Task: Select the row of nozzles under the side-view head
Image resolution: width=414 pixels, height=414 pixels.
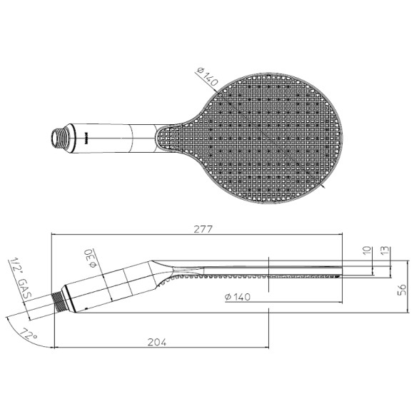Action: (x=271, y=276)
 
